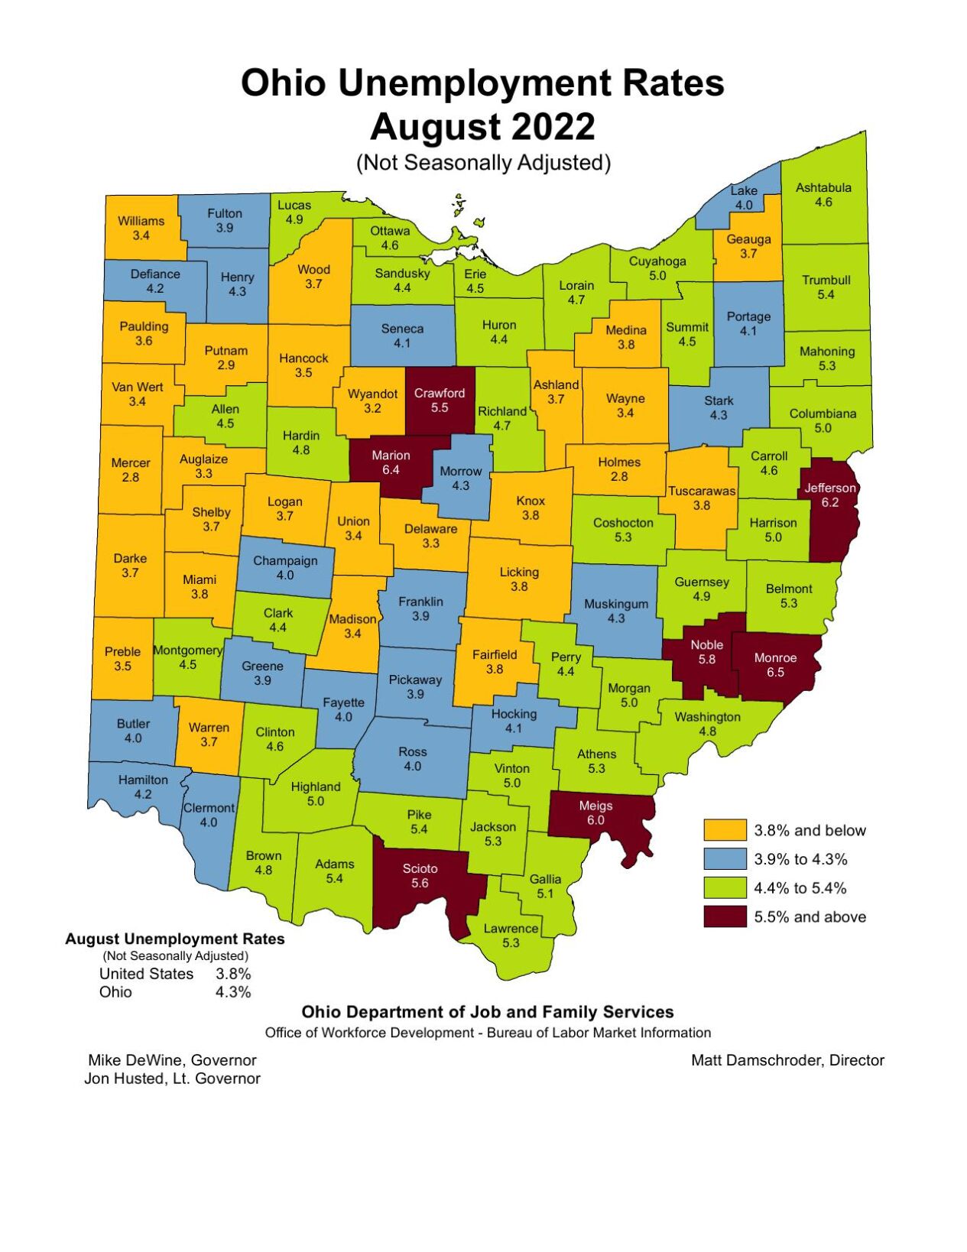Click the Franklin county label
click(x=420, y=602)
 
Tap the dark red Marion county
click(x=391, y=462)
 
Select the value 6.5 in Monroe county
click(x=775, y=672)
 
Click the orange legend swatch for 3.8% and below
click(x=724, y=830)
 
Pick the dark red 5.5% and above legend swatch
click(x=724, y=916)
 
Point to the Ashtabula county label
click(x=823, y=187)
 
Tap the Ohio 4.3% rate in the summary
click(x=233, y=992)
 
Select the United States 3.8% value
click(x=233, y=974)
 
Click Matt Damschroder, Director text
click(x=787, y=1060)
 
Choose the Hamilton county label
click(x=143, y=780)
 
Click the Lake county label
click(x=744, y=190)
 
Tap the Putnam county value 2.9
click(x=226, y=365)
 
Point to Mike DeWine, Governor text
click(x=172, y=1060)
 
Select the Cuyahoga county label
click(x=657, y=261)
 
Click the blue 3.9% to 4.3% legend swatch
click(x=724, y=859)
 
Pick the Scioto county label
click(x=420, y=868)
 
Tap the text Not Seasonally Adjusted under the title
click(x=483, y=163)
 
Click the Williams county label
click(x=141, y=221)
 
